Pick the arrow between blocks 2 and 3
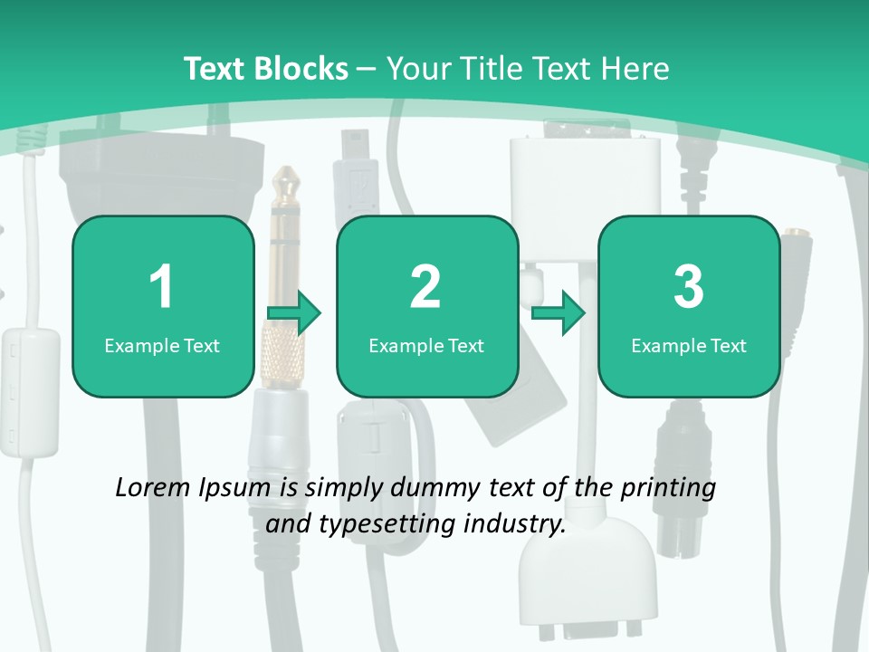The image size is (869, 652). click(559, 313)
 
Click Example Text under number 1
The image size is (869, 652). click(162, 345)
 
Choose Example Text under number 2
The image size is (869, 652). click(426, 345)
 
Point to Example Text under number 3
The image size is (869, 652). click(689, 345)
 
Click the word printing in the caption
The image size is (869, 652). click(667, 489)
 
